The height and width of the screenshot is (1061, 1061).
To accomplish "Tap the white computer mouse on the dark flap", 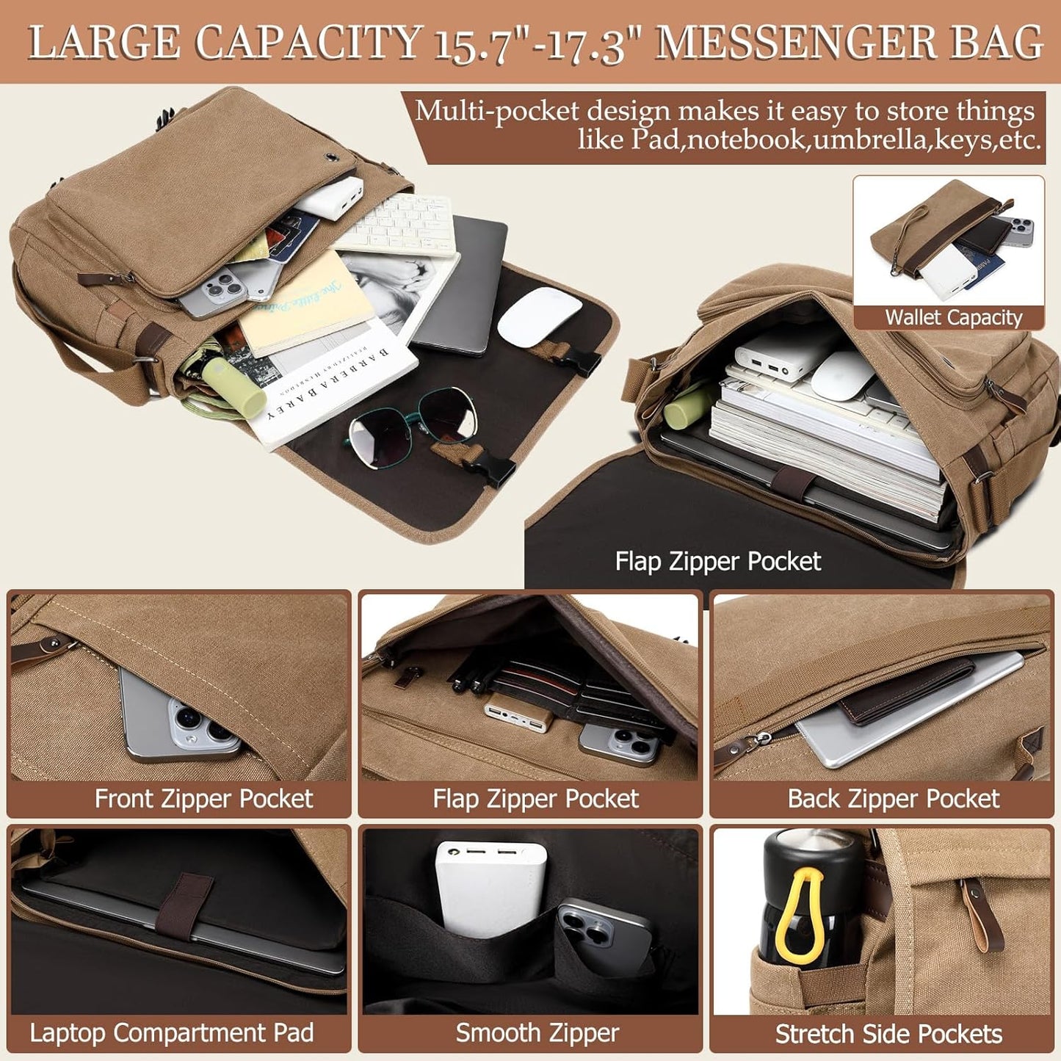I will pos(540,315).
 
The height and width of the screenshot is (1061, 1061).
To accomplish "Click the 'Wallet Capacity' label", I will pos(953,317).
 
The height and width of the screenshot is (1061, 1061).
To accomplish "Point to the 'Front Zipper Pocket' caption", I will pos(203,799).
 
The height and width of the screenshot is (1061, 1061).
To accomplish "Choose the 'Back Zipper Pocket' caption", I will pos(893,799).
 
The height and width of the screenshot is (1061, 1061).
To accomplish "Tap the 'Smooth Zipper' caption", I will pos(537,1033).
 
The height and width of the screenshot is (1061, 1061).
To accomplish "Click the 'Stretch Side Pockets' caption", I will pos(888,1034).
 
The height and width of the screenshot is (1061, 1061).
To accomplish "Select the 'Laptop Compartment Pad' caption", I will pos(171,1033).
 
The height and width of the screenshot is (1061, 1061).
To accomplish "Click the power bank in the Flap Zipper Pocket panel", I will pos(517,717).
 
